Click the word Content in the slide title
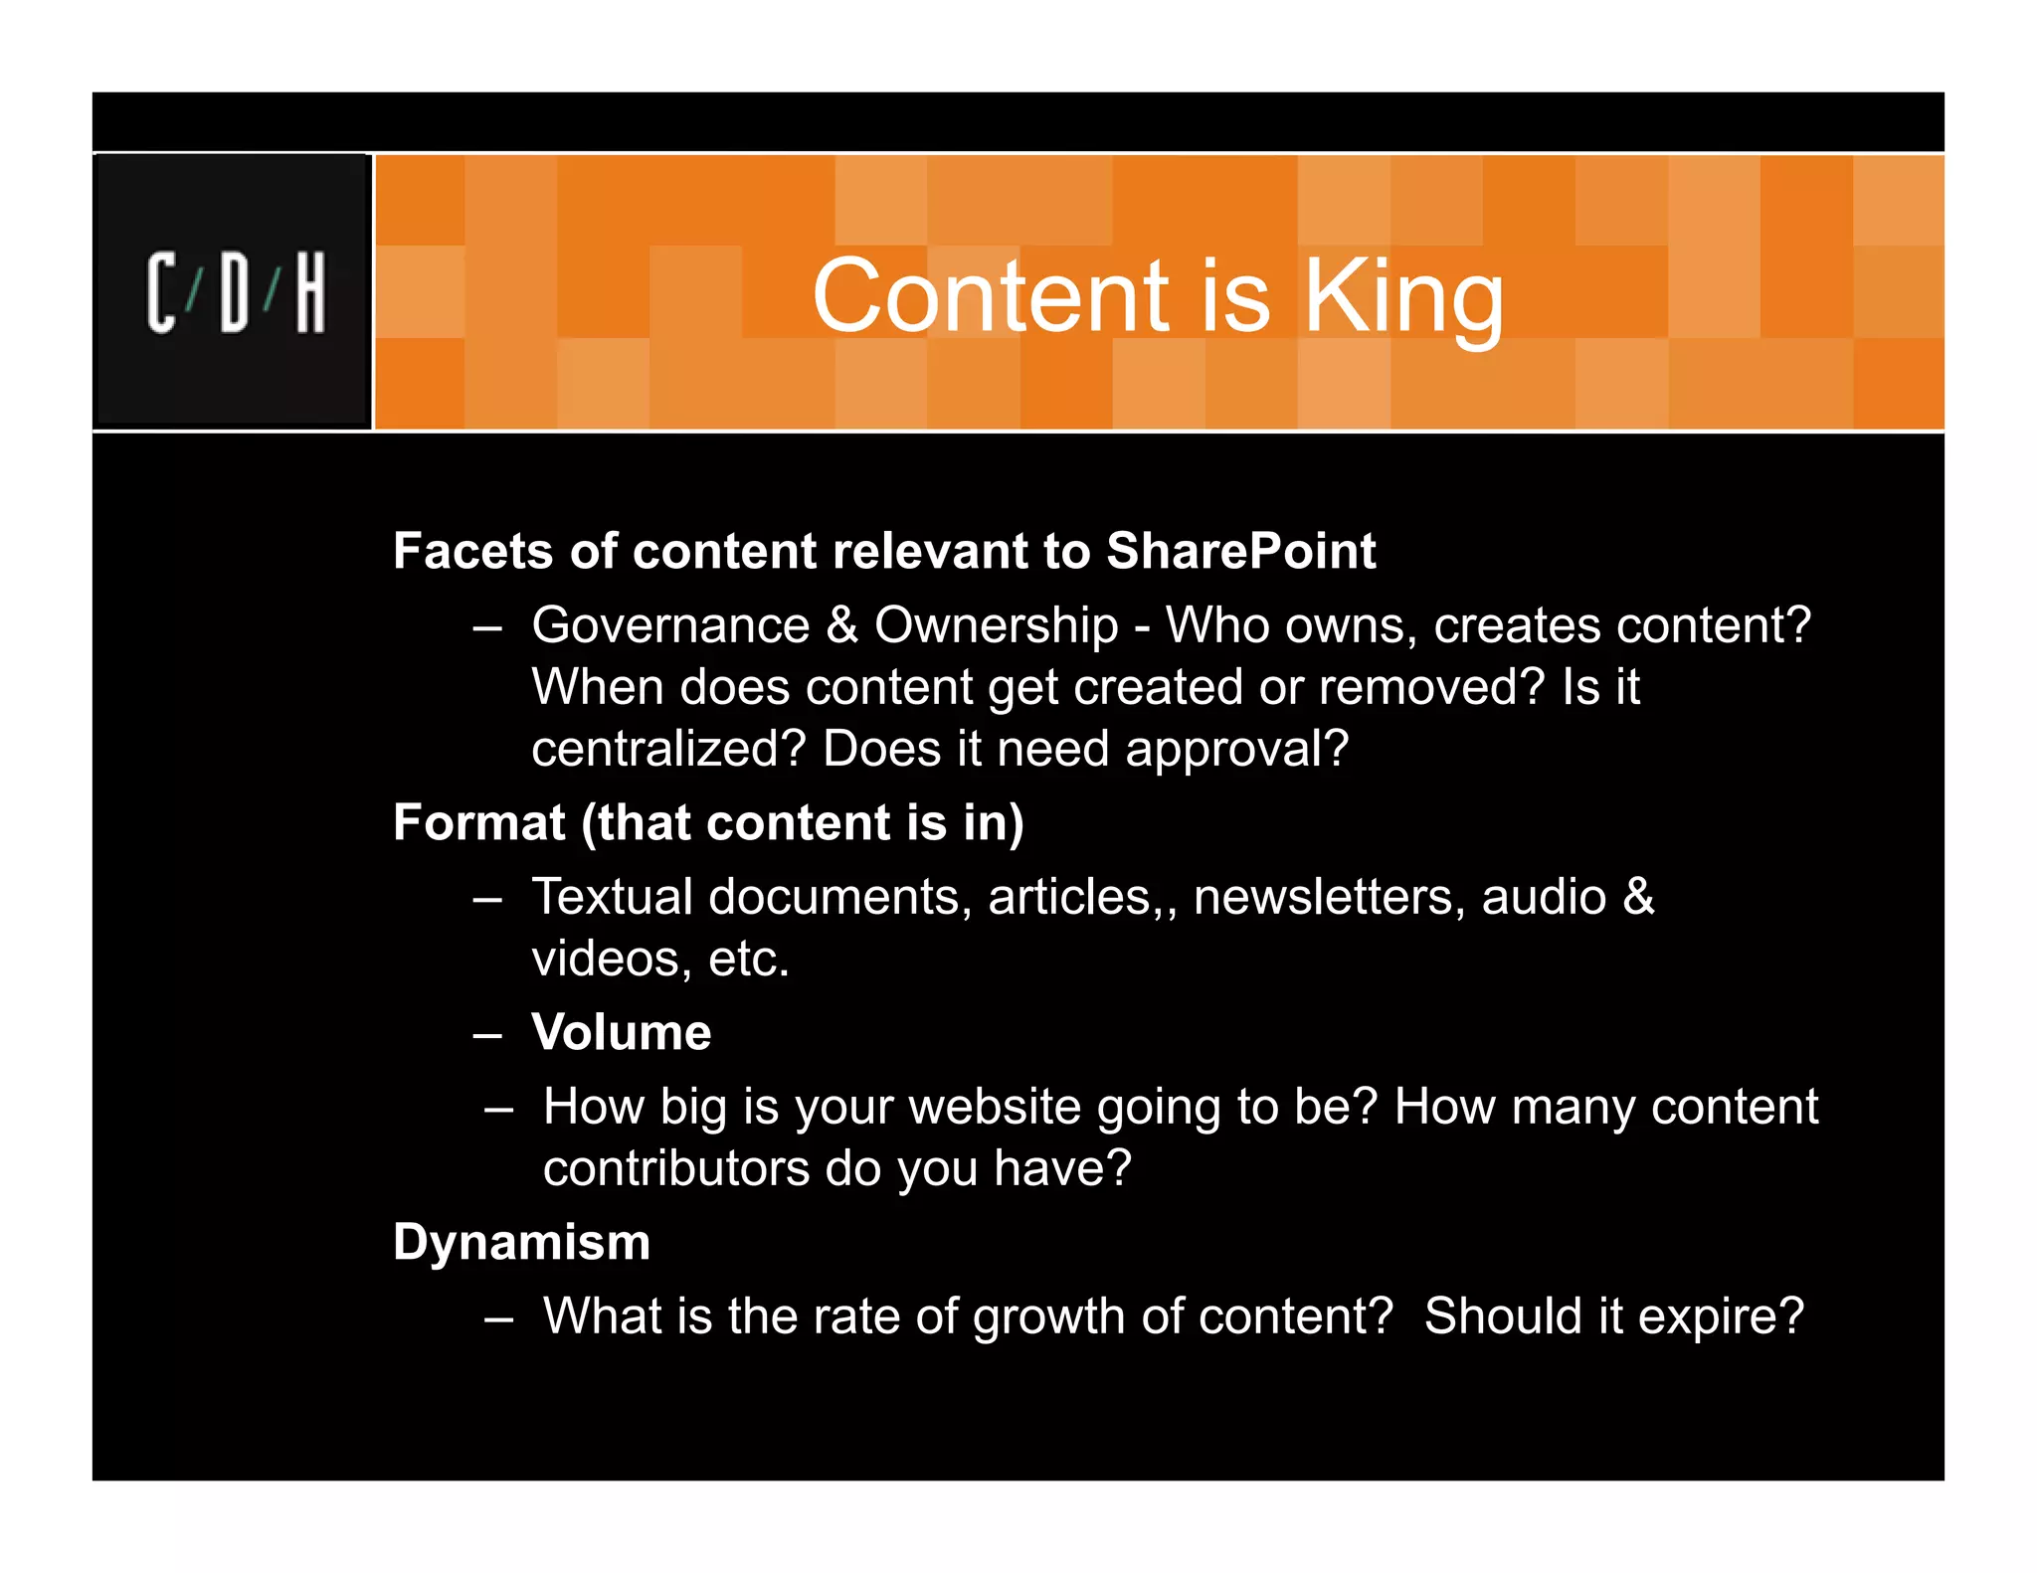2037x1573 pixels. (991, 295)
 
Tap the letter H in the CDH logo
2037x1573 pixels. (310, 292)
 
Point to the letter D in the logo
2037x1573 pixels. (235, 292)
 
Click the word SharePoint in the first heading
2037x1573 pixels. (1240, 551)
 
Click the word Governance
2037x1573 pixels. (670, 625)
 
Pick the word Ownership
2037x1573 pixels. (996, 625)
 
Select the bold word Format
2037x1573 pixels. (479, 822)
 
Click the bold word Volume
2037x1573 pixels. (621, 1032)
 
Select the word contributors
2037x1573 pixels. (675, 1167)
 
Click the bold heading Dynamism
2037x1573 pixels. (521, 1242)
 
